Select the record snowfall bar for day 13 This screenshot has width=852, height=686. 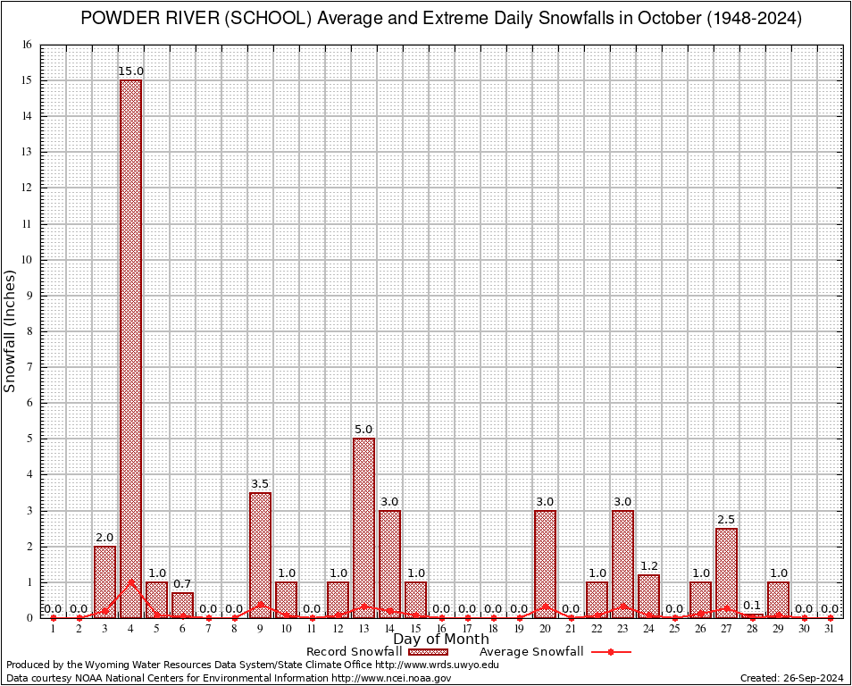[363, 527]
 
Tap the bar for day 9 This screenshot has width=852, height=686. [260, 554]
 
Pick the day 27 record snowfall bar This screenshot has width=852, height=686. [726, 572]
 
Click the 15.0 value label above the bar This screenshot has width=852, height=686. [131, 71]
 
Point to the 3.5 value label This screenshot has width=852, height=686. [260, 484]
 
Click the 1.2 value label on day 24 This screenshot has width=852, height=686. [648, 566]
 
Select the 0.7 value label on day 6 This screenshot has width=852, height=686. [182, 584]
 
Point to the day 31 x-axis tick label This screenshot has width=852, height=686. [830, 630]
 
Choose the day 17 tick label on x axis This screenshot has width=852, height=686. [467, 630]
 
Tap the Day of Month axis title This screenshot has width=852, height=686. [440, 640]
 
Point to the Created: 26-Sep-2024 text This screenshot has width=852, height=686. [791, 678]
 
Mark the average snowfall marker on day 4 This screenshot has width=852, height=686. [130, 581]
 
